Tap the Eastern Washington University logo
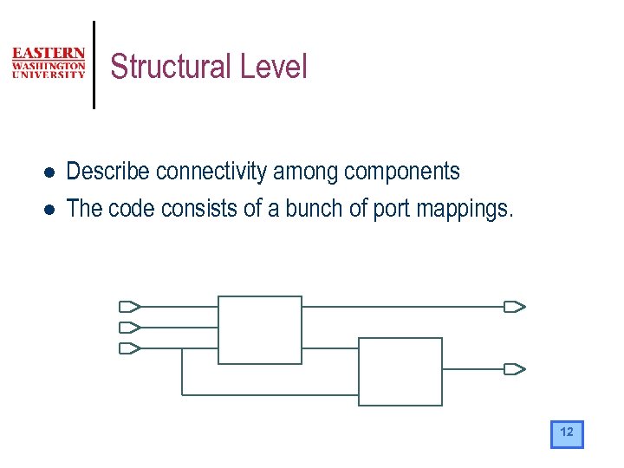click(x=49, y=63)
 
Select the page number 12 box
click(x=567, y=433)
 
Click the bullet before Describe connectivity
click(x=50, y=172)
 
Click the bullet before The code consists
click(x=50, y=209)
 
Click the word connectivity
click(x=211, y=172)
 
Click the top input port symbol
click(x=129, y=306)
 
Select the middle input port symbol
click(x=129, y=327)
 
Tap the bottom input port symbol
click(x=129, y=348)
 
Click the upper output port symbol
click(x=515, y=306)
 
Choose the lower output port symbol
click(x=515, y=368)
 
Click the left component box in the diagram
click(x=259, y=329)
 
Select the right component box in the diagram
click(x=400, y=371)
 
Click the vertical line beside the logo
click(x=94, y=64)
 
